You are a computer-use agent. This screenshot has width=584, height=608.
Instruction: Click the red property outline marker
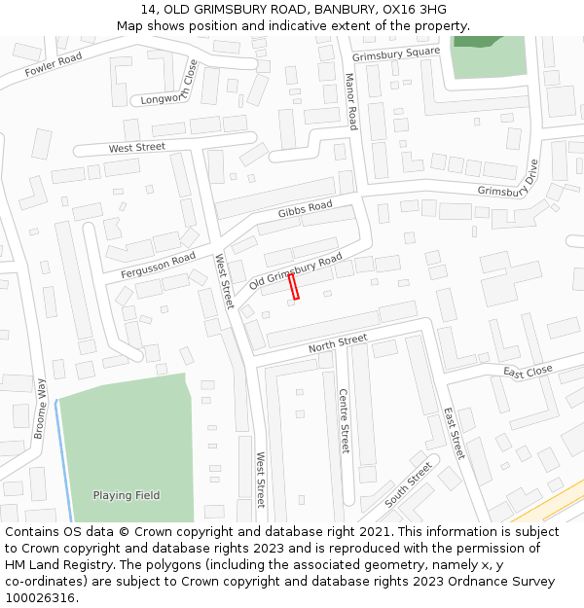293,286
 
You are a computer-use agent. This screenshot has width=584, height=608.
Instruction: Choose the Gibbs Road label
305,209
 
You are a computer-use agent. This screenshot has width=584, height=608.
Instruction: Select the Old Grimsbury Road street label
296,271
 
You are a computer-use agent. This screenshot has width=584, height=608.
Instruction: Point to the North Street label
338,342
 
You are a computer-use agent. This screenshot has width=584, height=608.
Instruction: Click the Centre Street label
344,420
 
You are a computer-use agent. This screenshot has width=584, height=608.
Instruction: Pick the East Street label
455,433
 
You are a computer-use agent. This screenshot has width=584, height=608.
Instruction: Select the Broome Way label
40,409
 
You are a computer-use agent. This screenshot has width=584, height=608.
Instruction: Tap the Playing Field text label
127,495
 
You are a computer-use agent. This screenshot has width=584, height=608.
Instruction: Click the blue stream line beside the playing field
63,457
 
